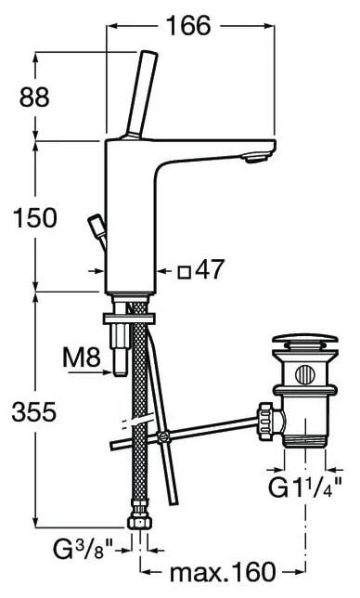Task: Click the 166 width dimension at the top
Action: [189, 26]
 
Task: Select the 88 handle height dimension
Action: [34, 97]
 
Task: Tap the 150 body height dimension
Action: [34, 218]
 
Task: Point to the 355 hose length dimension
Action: [34, 412]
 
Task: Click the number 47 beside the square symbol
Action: [209, 269]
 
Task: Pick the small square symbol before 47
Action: [185, 272]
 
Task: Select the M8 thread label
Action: [82, 357]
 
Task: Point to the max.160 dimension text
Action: [223, 572]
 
